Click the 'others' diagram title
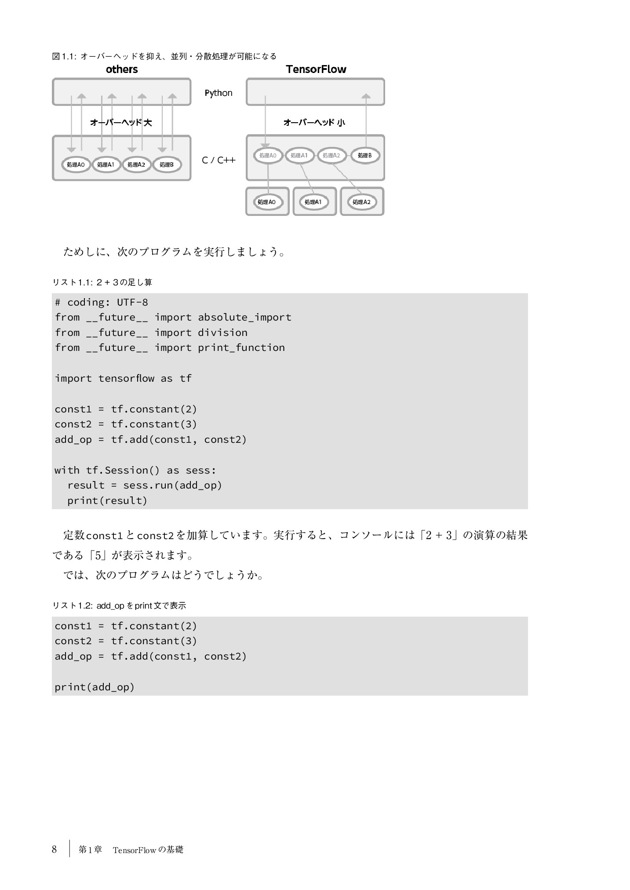(122, 69)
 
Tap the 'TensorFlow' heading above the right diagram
(316, 69)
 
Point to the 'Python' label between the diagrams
(218, 93)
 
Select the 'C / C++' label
(218, 160)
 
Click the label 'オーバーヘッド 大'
(121, 122)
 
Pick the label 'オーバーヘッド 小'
(314, 122)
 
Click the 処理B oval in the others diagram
(167, 164)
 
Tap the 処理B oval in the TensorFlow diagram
(364, 155)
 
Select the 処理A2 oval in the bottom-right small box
(361, 202)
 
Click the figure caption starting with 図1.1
(164, 56)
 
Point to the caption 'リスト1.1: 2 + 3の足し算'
(102, 282)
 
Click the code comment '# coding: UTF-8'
(101, 302)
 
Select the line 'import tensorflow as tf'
(123, 378)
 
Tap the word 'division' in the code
(222, 332)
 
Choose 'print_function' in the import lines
(241, 347)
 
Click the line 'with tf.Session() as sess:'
(135, 470)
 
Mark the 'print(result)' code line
(107, 500)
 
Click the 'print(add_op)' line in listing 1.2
(95, 687)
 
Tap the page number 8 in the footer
(55, 849)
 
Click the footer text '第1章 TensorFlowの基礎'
(131, 850)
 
